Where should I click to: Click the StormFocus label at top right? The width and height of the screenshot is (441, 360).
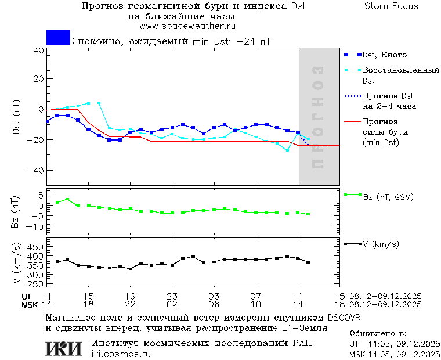pos(392,6)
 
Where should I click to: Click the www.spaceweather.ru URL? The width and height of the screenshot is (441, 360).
pos(187,26)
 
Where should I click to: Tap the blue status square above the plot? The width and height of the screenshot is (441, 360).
pos(58,38)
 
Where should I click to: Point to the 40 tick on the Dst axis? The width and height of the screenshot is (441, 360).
pos(38,51)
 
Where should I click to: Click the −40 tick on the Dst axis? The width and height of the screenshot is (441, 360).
pos(36,171)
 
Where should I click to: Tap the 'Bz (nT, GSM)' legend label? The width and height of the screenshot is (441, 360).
pos(388,197)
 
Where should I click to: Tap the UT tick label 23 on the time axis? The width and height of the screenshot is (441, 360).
pos(172,296)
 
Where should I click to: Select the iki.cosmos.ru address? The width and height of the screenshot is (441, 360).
pos(121,354)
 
